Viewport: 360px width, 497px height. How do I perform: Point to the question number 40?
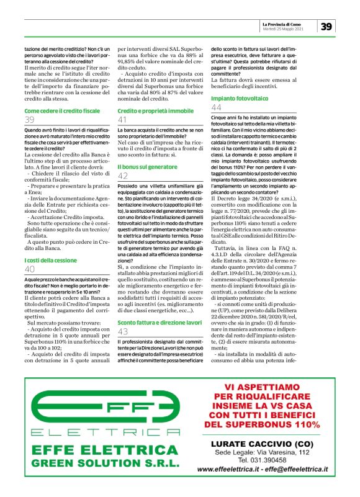30,269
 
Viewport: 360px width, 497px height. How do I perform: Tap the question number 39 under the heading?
29,120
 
